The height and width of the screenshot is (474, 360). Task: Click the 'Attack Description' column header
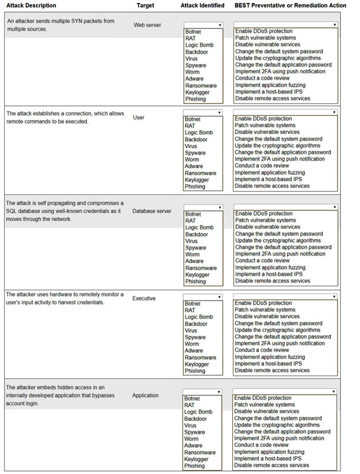point(31,6)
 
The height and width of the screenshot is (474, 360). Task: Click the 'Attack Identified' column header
point(202,6)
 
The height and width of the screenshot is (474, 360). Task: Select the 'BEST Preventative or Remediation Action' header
point(290,6)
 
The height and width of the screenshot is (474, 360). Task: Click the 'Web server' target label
point(147,25)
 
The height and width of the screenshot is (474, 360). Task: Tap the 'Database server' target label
point(151,211)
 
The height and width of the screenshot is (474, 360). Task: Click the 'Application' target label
point(145,395)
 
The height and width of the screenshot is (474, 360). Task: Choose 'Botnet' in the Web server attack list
point(193,32)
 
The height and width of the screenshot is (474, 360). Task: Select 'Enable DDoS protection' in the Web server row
point(263,31)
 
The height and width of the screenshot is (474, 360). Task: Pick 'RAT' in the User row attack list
point(190,125)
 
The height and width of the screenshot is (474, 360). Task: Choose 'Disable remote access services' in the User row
point(272,186)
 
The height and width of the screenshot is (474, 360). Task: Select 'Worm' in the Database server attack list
point(192,254)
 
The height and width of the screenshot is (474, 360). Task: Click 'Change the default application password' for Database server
point(283,247)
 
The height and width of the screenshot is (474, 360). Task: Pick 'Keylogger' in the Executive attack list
point(197,364)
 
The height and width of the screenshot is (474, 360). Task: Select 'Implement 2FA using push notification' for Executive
point(280,343)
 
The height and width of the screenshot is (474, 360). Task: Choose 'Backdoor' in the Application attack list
point(196,419)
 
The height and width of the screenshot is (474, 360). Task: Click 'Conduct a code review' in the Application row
point(261,445)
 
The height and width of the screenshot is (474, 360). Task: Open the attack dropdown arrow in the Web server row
point(220,25)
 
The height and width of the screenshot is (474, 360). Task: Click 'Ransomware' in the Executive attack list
point(200,357)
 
